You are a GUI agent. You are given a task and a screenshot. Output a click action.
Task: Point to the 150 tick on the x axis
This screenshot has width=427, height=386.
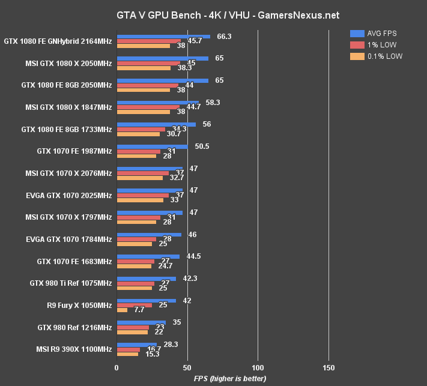pyautogui.click(x=329, y=367)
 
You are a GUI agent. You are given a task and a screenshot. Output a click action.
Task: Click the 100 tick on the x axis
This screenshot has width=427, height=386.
pyautogui.click(x=258, y=367)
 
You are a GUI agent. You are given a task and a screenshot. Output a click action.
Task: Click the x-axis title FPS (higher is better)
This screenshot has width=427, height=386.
pyautogui.click(x=229, y=379)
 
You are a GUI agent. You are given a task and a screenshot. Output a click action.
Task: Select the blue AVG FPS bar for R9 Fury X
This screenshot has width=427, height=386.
pyautogui.click(x=146, y=301)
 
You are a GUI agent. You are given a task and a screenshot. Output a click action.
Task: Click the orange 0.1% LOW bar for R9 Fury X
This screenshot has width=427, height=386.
pyautogui.click(x=122, y=310)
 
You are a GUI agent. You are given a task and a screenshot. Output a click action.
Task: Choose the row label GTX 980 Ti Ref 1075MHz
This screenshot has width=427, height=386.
pyautogui.click(x=70, y=283)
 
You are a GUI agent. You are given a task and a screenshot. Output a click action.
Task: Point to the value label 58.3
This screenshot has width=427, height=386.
pyautogui.click(x=213, y=103)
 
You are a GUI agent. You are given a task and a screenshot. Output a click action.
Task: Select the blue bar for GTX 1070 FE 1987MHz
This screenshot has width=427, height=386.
pyautogui.click(x=152, y=146)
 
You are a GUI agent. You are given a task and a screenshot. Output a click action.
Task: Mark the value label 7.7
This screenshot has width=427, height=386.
pyautogui.click(x=139, y=310)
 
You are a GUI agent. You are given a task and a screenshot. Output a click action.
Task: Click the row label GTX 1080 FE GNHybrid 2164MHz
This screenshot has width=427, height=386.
pyautogui.click(x=58, y=41)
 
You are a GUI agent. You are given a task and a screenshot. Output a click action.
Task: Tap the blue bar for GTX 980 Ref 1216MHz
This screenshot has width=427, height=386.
pyautogui.click(x=141, y=322)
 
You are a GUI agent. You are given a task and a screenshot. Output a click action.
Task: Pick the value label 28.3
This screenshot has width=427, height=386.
pyautogui.click(x=171, y=345)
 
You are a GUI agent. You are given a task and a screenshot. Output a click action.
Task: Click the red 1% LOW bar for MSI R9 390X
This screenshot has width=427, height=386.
pyautogui.click(x=129, y=349)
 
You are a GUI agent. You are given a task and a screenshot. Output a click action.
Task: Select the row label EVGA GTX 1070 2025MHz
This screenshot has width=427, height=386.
pyautogui.click(x=68, y=195)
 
